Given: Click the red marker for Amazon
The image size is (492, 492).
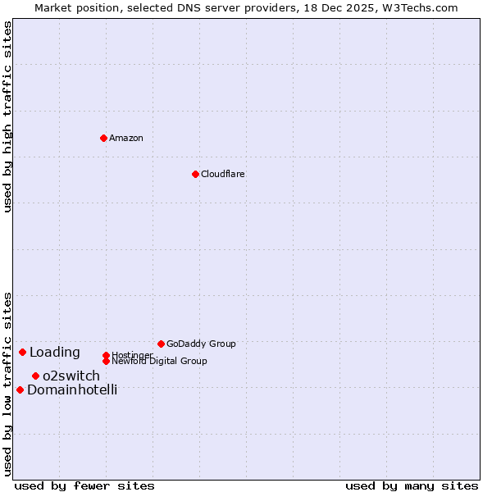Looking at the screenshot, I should click(103, 138).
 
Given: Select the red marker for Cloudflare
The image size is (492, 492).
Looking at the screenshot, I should click(195, 174).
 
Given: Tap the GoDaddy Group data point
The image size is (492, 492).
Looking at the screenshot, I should click(161, 344).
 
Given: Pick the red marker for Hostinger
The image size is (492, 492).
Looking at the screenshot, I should click(106, 355).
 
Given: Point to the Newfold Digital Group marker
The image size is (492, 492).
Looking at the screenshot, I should click(106, 361).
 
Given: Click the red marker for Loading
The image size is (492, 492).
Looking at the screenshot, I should click(22, 352).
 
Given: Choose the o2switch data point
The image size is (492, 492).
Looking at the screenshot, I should click(35, 376).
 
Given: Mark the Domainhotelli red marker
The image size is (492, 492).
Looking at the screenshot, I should click(20, 389).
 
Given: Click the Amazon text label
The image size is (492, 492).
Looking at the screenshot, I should click(126, 138).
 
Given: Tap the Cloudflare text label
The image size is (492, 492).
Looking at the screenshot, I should click(223, 174).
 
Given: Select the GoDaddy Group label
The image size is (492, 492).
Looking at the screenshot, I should click(201, 344).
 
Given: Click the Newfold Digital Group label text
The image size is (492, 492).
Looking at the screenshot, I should click(160, 362).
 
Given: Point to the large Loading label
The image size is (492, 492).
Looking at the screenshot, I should click(55, 353).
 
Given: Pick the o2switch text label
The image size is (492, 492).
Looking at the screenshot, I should click(71, 376).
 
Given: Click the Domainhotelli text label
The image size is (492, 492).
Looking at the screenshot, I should click(72, 390).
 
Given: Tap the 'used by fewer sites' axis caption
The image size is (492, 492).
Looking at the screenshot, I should click(84, 486).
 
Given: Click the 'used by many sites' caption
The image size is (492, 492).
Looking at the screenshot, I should click(412, 486).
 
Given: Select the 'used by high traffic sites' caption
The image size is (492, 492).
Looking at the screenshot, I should click(8, 117).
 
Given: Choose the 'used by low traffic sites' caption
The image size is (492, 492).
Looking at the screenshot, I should click(8, 384).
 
